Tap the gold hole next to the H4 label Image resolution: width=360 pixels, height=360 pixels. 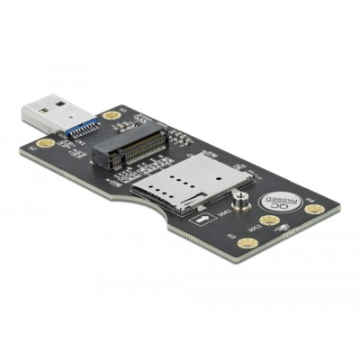click(x=312, y=209)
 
